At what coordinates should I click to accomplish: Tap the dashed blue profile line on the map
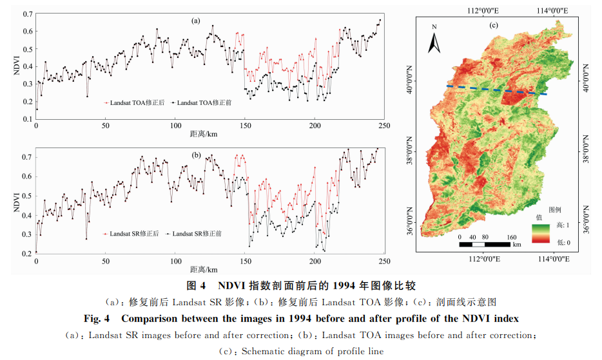point(496,90)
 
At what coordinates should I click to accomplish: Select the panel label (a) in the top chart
point(196,21)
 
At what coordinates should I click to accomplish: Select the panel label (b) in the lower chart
point(196,155)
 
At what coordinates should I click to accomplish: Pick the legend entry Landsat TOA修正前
point(202,102)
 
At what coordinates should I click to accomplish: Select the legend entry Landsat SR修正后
point(131,234)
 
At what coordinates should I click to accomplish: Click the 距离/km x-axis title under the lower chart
point(203,269)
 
